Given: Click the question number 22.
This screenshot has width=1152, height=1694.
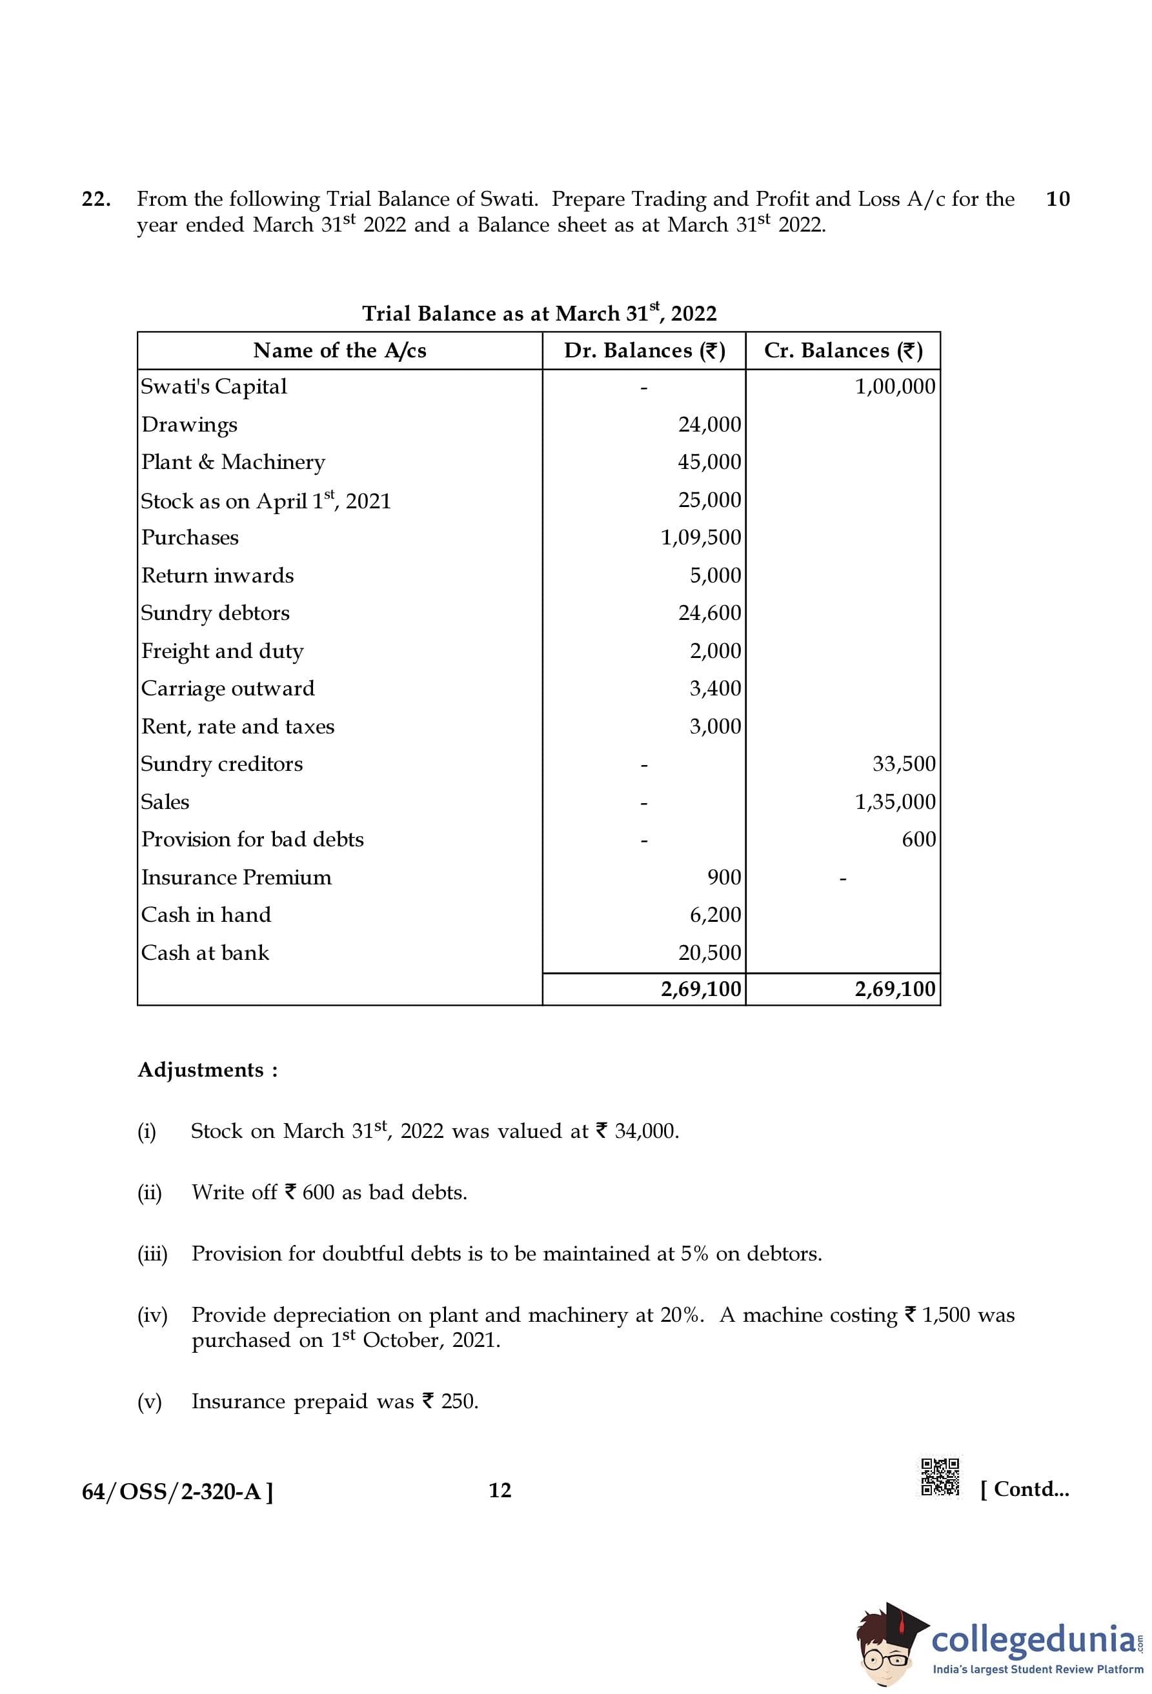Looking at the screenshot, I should tap(96, 199).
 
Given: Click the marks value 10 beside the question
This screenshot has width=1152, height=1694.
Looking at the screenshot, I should tap(1057, 199).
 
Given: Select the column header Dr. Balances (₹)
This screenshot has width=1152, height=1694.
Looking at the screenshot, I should tap(644, 351).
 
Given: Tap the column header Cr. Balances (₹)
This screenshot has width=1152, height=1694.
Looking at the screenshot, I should tap(843, 351).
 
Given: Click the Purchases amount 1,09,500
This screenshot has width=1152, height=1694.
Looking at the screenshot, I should tap(701, 538).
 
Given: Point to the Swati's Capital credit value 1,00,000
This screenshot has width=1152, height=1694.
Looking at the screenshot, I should tap(894, 386).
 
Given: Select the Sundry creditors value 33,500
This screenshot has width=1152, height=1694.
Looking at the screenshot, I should tap(904, 764).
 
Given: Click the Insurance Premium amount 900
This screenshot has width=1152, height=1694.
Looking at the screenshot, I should tap(724, 877).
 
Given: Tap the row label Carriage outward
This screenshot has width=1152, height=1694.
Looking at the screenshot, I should tap(227, 689).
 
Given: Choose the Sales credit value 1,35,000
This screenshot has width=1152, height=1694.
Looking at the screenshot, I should tap(894, 802).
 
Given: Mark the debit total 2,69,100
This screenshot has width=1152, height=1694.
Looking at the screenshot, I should tap(701, 989).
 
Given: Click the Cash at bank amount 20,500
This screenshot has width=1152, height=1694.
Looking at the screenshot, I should tap(709, 953).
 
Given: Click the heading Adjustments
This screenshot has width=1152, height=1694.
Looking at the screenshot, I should tap(208, 1070).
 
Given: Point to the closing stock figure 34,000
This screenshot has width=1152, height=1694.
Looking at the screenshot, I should tap(646, 1131).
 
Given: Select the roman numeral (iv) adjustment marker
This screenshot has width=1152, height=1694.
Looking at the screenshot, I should tap(152, 1314).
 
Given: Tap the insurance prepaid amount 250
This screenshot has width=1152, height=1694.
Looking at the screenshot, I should tap(460, 1401).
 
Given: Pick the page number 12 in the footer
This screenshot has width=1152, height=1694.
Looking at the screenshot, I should tap(500, 1490).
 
